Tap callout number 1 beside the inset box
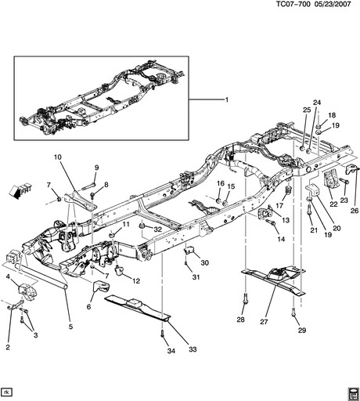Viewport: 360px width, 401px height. tap(227, 100)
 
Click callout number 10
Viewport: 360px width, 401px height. tap(58, 158)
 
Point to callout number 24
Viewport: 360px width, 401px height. tap(317, 103)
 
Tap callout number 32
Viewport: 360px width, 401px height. tap(157, 229)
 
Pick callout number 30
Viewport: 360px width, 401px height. tap(205, 262)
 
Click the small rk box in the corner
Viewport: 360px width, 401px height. tap(6, 391)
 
